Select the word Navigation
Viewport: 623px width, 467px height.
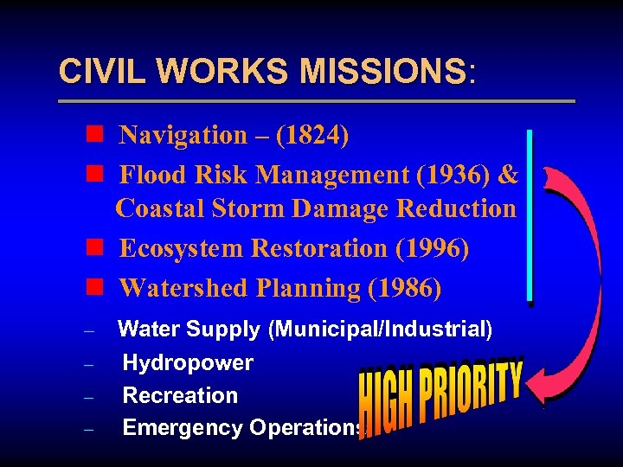pyautogui.click(x=183, y=135)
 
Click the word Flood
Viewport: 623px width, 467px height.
pyautogui.click(x=151, y=175)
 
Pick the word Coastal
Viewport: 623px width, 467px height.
pyautogui.click(x=157, y=208)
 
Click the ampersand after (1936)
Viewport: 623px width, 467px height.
pyautogui.click(x=509, y=175)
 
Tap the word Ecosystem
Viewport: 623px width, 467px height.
pyautogui.click(x=181, y=248)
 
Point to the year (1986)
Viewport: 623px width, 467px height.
pyautogui.click(x=404, y=288)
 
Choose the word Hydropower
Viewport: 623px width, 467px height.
pyautogui.click(x=188, y=362)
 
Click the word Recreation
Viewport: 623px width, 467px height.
pyautogui.click(x=180, y=395)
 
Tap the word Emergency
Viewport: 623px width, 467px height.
pyautogui.click(x=183, y=427)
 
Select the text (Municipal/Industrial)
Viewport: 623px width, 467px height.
pyautogui.click(x=380, y=329)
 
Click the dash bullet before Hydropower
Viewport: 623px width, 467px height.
pyautogui.click(x=90, y=364)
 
